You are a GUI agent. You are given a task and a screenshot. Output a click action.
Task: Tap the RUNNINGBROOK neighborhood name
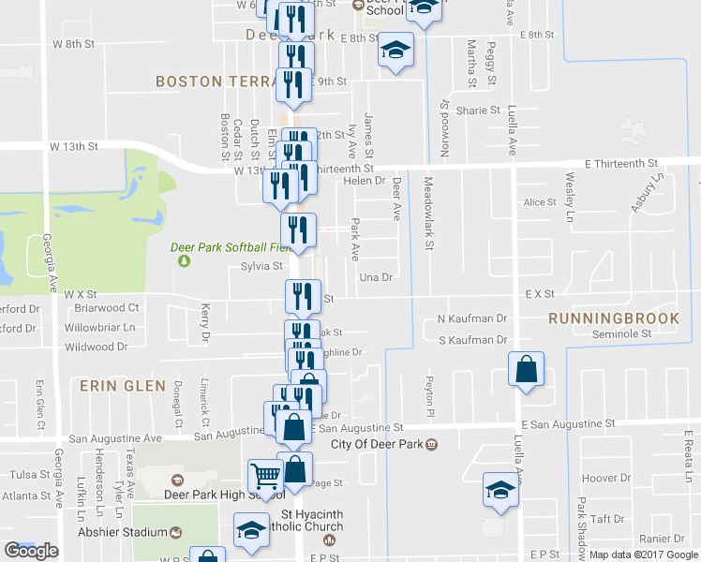[x=614, y=318]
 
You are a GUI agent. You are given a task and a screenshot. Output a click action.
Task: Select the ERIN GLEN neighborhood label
[x=123, y=385]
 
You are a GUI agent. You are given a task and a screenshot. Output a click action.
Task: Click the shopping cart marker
[x=265, y=478]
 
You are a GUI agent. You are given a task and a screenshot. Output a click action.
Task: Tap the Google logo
[x=31, y=551]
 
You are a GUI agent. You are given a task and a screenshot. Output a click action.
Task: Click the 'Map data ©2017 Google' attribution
[x=644, y=555]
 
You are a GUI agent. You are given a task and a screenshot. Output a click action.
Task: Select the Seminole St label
[x=619, y=334]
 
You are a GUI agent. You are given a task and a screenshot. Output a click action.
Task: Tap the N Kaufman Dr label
[x=472, y=318]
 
